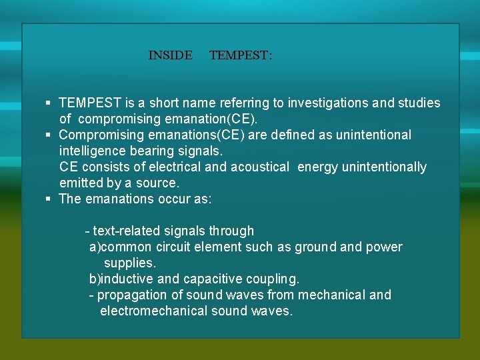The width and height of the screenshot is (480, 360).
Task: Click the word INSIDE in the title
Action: tap(170, 55)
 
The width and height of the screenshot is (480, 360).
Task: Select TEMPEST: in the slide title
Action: tap(241, 55)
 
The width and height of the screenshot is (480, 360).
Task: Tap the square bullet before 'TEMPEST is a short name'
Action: tap(49, 103)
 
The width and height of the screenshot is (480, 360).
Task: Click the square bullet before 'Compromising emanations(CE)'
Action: tap(49, 135)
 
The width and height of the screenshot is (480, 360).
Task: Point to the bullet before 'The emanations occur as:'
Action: tap(49, 199)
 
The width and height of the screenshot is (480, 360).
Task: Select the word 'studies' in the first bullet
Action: tap(419, 103)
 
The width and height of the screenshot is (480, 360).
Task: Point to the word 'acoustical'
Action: tap(260, 167)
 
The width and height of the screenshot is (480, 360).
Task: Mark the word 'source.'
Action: tap(158, 183)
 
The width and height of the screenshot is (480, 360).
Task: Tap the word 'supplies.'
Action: tap(130, 263)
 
